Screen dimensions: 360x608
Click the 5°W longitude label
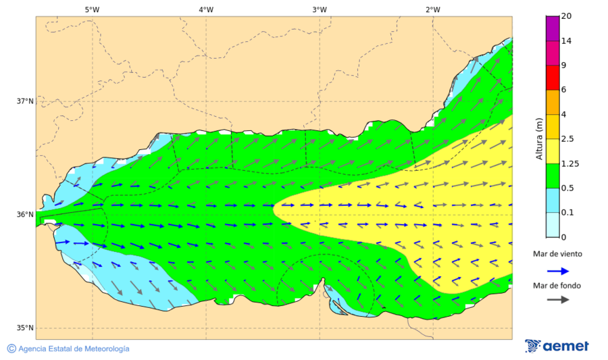click(92, 9)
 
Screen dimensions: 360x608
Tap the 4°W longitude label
click(206, 9)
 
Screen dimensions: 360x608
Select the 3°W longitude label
click(320, 9)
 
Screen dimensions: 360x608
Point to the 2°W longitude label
click(433, 9)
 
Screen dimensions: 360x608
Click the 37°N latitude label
click(25, 101)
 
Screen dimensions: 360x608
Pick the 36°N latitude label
click(25, 215)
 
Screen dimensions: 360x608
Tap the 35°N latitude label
click(25, 328)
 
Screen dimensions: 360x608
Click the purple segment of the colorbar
click(553, 28)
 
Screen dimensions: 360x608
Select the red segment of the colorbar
click(553, 78)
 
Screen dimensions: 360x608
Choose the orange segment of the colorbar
click(553, 102)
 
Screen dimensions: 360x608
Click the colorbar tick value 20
click(566, 17)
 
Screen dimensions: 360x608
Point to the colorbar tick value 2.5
click(567, 139)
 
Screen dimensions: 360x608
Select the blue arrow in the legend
click(557, 269)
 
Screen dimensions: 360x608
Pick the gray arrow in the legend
click(557, 300)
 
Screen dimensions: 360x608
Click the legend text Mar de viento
click(557, 254)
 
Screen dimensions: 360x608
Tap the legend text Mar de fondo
click(557, 285)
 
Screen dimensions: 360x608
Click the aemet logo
click(557, 346)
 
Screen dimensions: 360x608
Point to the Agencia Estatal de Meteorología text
click(68, 349)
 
